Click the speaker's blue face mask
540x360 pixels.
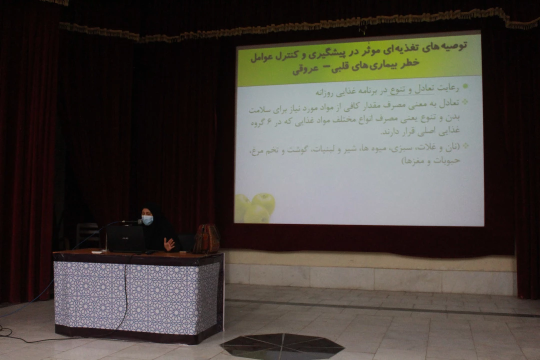[x=147, y=220]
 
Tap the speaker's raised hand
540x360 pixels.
[x=169, y=244]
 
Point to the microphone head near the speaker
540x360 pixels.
[x=139, y=222]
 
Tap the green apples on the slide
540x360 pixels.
[x=255, y=207]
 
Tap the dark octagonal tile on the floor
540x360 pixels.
[x=282, y=346]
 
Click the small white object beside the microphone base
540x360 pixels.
[x=97, y=253]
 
